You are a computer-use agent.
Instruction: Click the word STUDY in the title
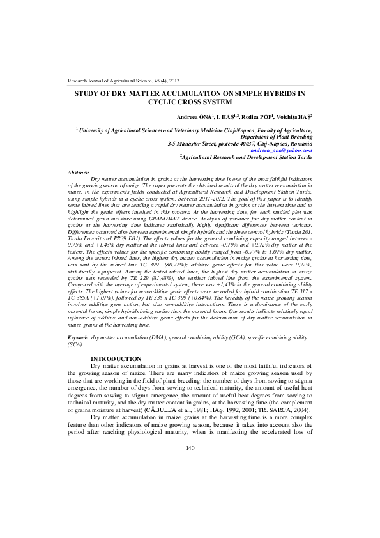87,93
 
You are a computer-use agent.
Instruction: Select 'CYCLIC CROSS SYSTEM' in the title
190,101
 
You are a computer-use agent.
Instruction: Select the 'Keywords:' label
79,335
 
